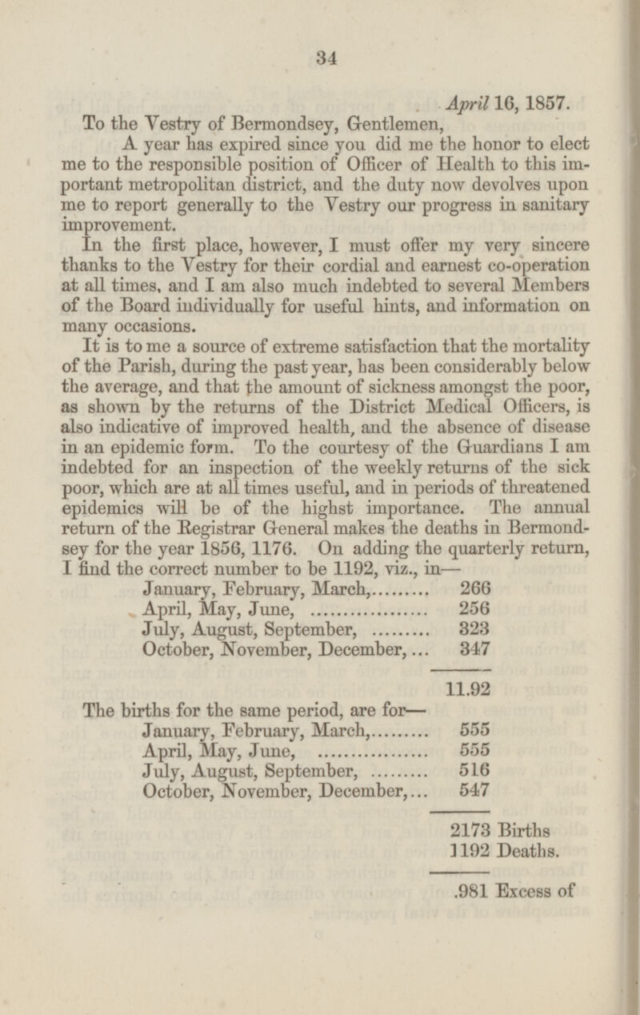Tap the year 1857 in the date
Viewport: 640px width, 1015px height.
(547, 103)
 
